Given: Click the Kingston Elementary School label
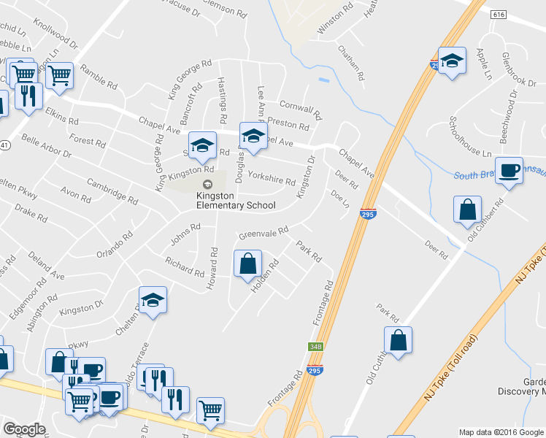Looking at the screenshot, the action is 235,200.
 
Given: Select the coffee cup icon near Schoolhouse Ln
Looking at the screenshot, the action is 510,170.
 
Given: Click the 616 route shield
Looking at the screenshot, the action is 499,15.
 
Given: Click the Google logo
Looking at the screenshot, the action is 24,429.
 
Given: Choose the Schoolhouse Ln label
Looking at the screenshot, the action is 470,137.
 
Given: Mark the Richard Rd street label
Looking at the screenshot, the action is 184,266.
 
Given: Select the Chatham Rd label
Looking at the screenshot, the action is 350,64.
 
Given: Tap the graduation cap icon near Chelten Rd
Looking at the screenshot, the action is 153,300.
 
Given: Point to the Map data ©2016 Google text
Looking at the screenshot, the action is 501,432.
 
